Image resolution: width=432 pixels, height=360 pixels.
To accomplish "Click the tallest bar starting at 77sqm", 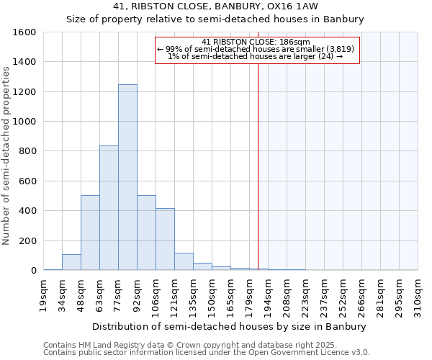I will click(127, 177).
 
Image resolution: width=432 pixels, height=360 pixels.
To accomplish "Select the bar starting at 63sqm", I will click(109, 208).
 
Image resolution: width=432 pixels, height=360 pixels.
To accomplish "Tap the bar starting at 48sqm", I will click(90, 233).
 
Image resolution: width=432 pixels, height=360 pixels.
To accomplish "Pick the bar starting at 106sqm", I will click(165, 239).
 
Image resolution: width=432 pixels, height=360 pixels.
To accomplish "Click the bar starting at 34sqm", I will click(71, 262).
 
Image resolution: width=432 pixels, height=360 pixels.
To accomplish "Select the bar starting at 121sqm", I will click(184, 261).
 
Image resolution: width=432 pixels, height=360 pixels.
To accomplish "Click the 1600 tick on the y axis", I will click(24, 32).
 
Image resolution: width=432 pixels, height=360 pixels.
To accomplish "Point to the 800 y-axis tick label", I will click(27, 151).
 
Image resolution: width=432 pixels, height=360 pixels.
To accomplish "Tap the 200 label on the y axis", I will click(27, 240).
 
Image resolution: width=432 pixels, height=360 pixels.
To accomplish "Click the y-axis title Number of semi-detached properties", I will click(7, 151).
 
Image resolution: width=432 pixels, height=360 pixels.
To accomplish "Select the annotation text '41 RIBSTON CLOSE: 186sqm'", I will click(256, 42).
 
